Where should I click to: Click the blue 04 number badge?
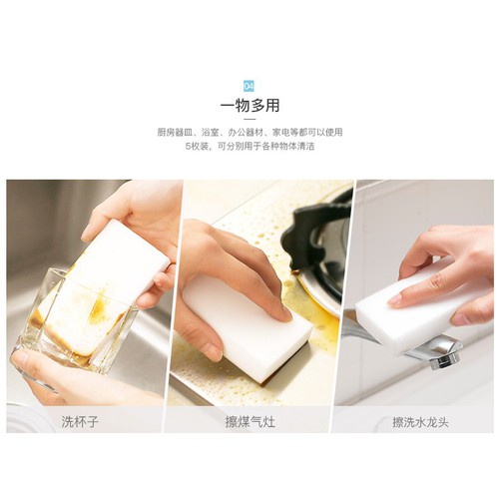pyautogui.click(x=249, y=86)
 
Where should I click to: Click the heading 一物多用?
pyautogui.click(x=249, y=106)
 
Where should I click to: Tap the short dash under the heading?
pyautogui.click(x=249, y=119)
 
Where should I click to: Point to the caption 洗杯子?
pyautogui.click(x=80, y=422)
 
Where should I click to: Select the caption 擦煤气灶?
pyautogui.click(x=250, y=422)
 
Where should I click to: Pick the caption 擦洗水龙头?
pyautogui.click(x=420, y=422)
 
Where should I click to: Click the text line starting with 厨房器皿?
pyautogui.click(x=249, y=133)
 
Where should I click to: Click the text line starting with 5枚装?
pyautogui.click(x=249, y=146)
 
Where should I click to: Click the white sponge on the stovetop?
pyautogui.click(x=248, y=319)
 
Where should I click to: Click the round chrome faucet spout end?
pyautogui.click(x=446, y=359)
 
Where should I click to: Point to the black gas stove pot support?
pyautogui.click(x=316, y=233)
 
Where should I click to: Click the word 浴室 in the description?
pyautogui.click(x=211, y=133)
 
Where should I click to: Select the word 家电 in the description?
pyautogui.click(x=280, y=133)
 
